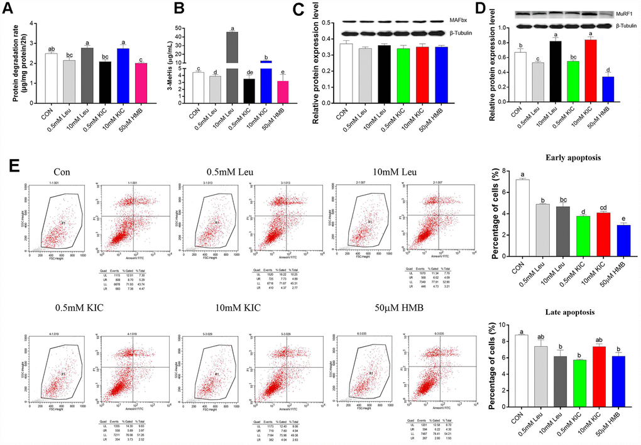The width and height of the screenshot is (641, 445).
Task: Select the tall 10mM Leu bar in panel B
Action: (233, 63)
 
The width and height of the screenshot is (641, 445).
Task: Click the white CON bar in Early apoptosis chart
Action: (522, 217)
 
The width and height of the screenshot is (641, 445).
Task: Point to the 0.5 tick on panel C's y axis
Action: (326, 23)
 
